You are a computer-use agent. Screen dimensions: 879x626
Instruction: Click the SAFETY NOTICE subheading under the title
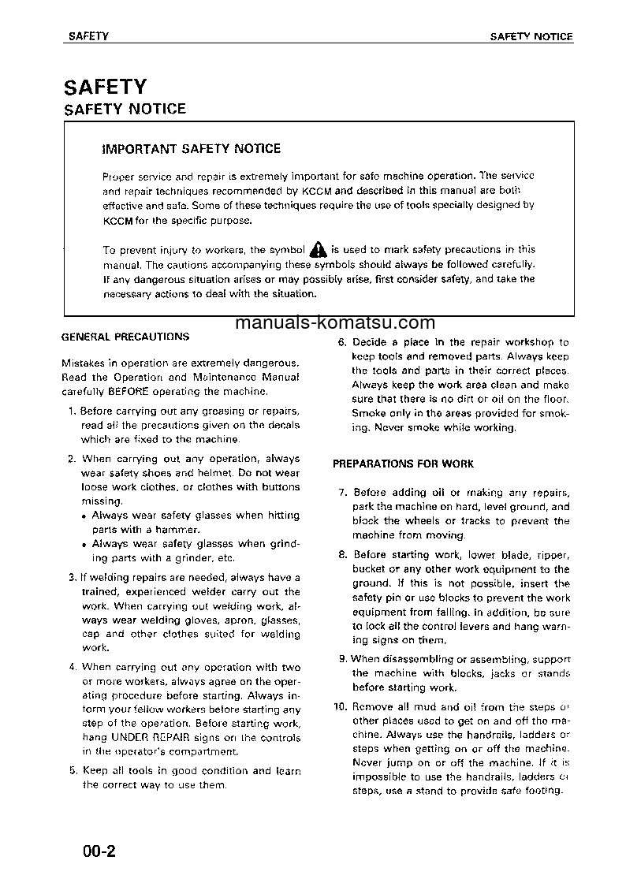click(125, 109)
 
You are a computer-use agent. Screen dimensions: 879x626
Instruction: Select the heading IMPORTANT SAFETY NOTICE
click(192, 148)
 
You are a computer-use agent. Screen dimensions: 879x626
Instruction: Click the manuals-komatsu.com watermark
click(334, 322)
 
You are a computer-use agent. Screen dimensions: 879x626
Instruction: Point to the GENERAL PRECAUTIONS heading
click(125, 337)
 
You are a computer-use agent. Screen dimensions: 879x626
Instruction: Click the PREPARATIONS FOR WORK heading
click(403, 464)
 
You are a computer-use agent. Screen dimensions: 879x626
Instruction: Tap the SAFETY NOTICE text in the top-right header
click(531, 37)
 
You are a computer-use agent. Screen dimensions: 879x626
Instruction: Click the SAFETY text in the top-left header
click(88, 37)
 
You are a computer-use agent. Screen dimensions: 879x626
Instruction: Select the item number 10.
click(340, 707)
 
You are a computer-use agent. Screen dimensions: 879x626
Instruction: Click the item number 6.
click(342, 343)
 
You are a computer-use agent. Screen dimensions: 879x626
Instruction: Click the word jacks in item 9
click(502, 674)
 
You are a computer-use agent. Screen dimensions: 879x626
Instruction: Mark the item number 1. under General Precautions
click(72, 412)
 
